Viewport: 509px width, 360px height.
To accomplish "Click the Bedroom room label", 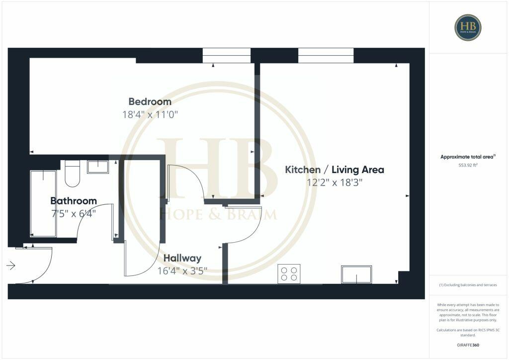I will [150, 101].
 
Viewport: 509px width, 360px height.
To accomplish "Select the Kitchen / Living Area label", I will [334, 170].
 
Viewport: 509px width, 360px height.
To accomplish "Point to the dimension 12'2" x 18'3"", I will [335, 182].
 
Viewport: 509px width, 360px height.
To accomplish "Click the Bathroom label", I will [74, 201].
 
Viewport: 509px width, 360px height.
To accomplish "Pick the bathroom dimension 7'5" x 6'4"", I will [73, 214].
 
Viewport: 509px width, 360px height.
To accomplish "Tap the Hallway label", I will [182, 258].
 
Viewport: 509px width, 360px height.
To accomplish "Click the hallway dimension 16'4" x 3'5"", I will [182, 271].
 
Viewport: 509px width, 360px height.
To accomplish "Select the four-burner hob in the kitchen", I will [289, 274].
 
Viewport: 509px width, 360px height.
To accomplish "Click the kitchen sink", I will [356, 274].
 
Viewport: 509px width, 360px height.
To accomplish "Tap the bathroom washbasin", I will [98, 166].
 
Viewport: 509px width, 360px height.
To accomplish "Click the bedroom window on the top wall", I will [226, 55].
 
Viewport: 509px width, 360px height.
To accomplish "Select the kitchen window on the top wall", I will [326, 55].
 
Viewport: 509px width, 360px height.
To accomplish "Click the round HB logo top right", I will [468, 27].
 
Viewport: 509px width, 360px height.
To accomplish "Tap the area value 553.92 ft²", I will [468, 165].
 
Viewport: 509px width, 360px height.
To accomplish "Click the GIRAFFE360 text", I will [468, 345].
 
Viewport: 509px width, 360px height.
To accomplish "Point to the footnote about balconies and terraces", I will [468, 285].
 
